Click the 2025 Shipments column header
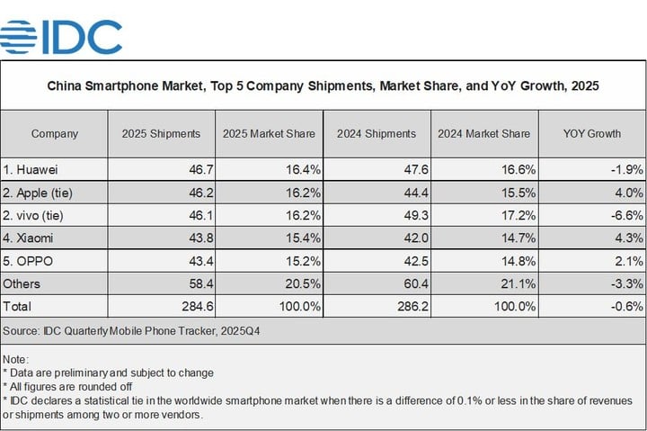point(161,134)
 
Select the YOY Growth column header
point(591,134)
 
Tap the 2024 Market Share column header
point(483,134)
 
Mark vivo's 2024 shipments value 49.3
point(410,215)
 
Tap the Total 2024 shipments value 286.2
point(406,307)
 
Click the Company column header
point(54,134)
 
